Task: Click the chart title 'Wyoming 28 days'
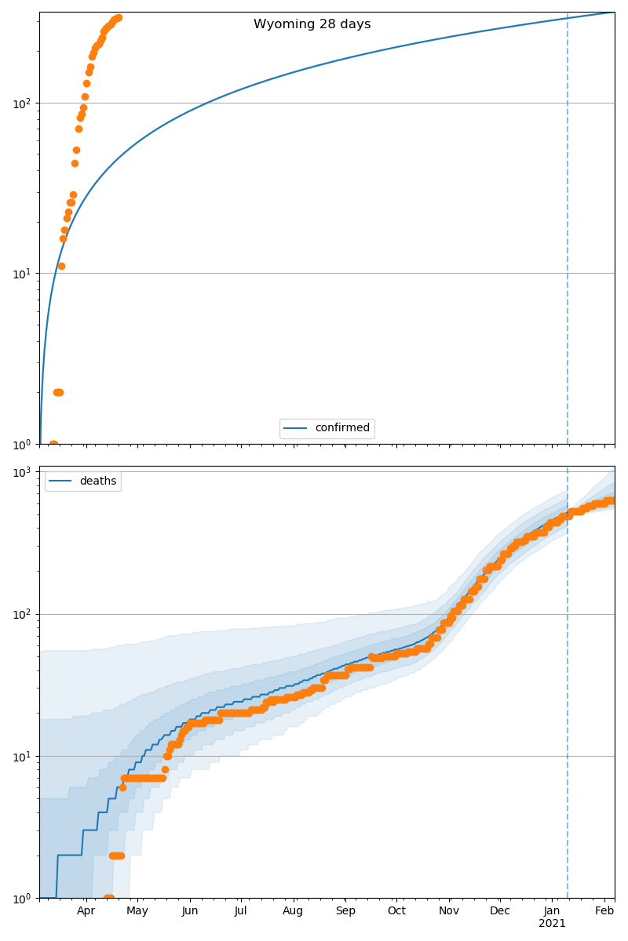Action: [x=312, y=24]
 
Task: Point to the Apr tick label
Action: [x=86, y=910]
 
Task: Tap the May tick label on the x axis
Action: [x=137, y=910]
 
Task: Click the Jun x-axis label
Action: [x=189, y=910]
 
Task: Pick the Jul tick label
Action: [x=240, y=910]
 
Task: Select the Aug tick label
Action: [x=293, y=910]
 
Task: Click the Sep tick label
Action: [x=345, y=910]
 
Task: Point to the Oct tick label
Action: [x=396, y=910]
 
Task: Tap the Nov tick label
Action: [x=449, y=910]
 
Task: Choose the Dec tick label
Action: [x=500, y=910]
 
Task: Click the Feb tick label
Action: [x=604, y=910]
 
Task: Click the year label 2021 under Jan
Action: [x=552, y=924]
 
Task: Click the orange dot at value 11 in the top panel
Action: [x=61, y=266]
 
